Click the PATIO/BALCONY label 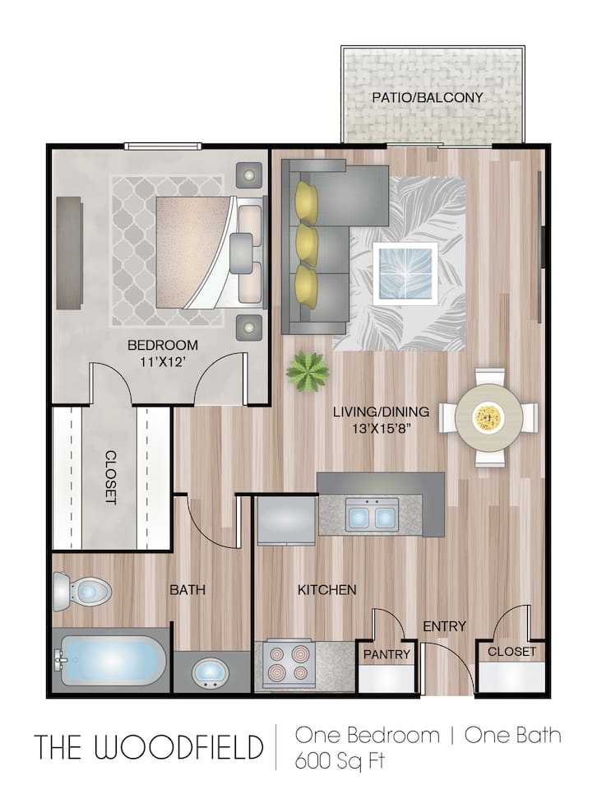[427, 97]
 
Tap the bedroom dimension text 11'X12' [162, 359]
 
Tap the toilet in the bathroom [82, 591]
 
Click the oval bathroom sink [211, 673]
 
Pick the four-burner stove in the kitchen [290, 664]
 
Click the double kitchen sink [372, 516]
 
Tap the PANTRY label [386, 654]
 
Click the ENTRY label [444, 626]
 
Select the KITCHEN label [326, 589]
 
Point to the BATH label [187, 589]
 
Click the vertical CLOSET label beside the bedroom [111, 477]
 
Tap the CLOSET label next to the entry [511, 652]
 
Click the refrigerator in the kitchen [285, 519]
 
